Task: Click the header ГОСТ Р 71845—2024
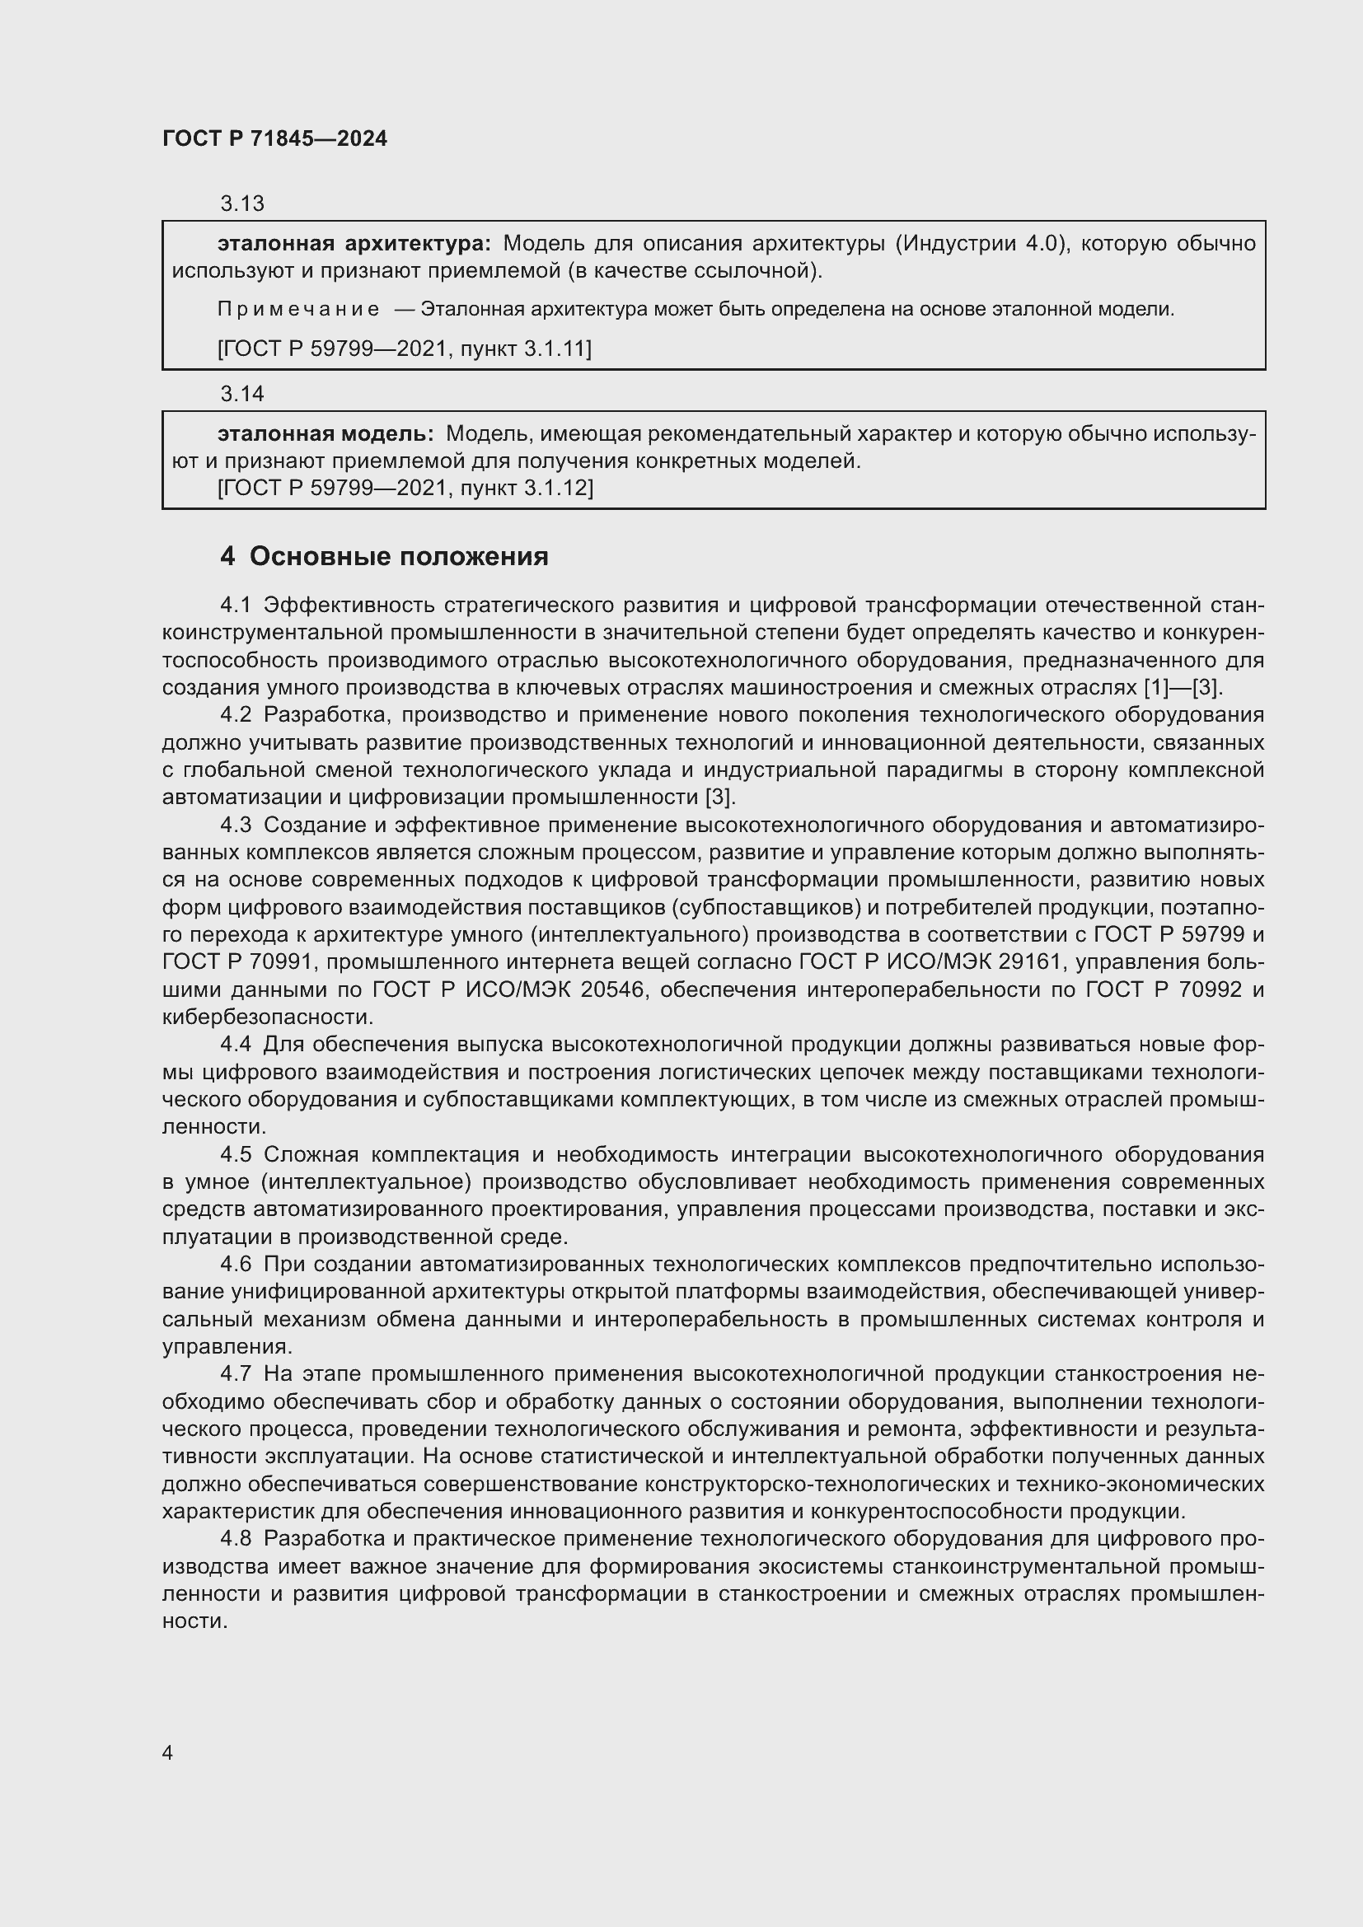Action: pos(274,138)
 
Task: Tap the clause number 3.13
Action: pos(241,203)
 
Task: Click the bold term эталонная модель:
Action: pos(326,434)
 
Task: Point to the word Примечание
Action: pos(298,309)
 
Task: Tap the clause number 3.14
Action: pos(241,393)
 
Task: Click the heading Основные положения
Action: pos(399,555)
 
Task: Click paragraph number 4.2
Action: pos(236,714)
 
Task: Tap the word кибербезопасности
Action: pos(267,1017)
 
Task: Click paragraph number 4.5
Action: pos(236,1154)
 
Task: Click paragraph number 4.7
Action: pos(236,1374)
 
